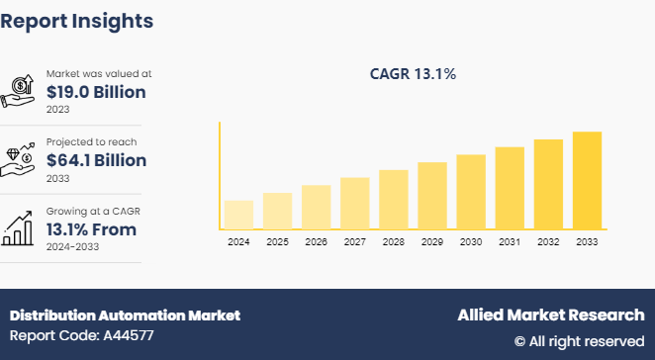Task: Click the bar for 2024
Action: (x=238, y=215)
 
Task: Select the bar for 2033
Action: (x=587, y=180)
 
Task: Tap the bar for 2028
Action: (x=394, y=200)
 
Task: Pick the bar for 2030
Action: (x=471, y=192)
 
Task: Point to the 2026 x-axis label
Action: (x=316, y=241)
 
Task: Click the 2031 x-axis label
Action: (x=510, y=241)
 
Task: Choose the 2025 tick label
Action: (x=277, y=241)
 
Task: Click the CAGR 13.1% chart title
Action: (x=414, y=73)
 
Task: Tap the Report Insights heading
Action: (x=77, y=20)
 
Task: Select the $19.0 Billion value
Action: (x=96, y=92)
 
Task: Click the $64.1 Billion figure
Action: (x=96, y=160)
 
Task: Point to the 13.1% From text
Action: (x=91, y=229)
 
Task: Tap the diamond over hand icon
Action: (x=20, y=159)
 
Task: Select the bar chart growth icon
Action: (x=20, y=228)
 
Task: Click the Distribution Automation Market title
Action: (x=125, y=315)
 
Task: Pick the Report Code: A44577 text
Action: (x=82, y=336)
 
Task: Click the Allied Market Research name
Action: (x=550, y=315)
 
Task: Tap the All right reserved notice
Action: (x=579, y=341)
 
